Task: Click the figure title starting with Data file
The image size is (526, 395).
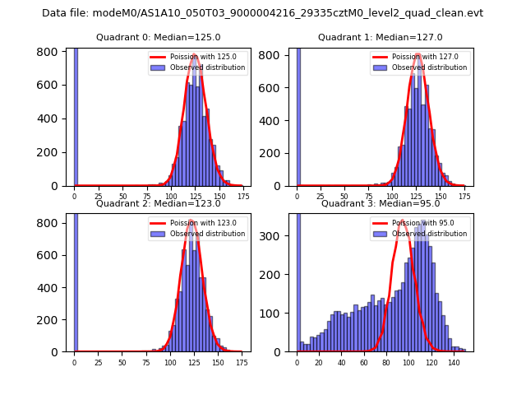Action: coord(262,13)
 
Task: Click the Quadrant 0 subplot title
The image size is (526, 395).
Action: coord(158,37)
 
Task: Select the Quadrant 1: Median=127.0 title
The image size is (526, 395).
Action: coord(381,37)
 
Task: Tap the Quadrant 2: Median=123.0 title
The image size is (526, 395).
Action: coord(158,203)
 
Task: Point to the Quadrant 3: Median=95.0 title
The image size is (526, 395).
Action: coord(381,203)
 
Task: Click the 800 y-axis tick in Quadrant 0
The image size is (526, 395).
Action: coord(51,51)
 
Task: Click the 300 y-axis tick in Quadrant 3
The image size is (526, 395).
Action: coord(277,236)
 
